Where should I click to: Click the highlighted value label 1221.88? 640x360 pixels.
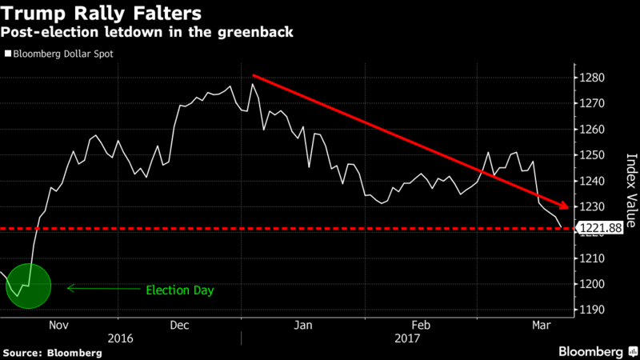[x=605, y=229]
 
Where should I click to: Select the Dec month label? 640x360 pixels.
[x=179, y=326]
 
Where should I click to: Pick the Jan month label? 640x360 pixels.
[x=302, y=326]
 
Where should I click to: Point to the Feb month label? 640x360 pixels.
[x=420, y=326]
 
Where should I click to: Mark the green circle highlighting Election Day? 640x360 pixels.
[x=28, y=286]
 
